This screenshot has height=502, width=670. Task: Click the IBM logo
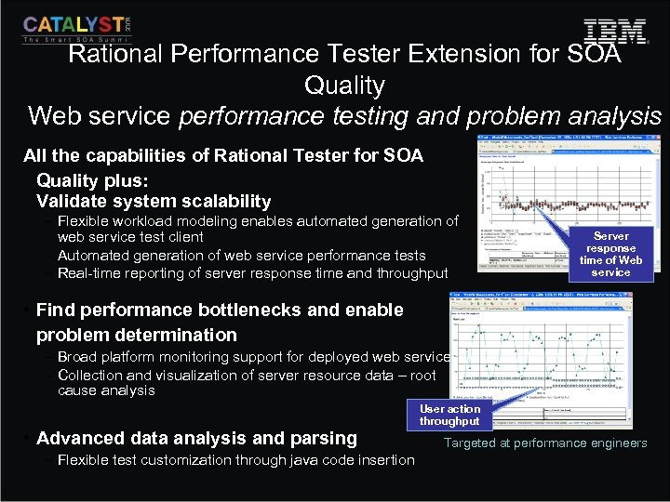(614, 32)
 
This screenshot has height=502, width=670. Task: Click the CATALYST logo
(76, 28)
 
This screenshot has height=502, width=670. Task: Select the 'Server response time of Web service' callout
(610, 254)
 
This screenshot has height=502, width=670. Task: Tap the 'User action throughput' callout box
(449, 415)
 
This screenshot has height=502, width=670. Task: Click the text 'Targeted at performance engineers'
(544, 443)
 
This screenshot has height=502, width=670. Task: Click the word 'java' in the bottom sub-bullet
(304, 459)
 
